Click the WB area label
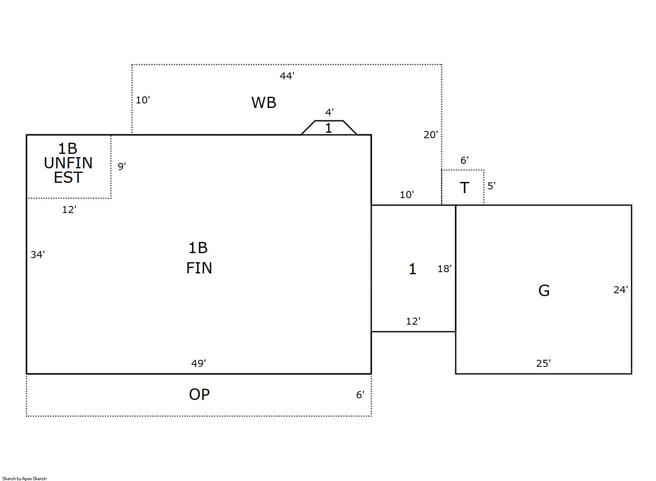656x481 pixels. coord(264,103)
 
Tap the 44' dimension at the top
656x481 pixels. coord(287,76)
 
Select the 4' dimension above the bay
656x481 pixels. coord(329,112)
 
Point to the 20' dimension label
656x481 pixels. coord(430,135)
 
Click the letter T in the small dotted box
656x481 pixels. coord(464,188)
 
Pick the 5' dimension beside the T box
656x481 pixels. coord(491,186)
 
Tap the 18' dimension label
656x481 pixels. coord(445,269)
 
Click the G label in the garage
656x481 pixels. coord(544,291)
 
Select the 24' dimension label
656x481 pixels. coord(620,290)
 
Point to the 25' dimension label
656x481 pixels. coord(543,364)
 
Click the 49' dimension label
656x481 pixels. coord(198,364)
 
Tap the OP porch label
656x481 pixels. coord(199,395)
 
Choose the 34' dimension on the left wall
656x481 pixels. coord(38,255)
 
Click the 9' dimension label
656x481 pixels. coord(122,166)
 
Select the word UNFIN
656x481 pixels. coord(68,163)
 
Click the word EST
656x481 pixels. coord(68,178)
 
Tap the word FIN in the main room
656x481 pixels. coord(199,268)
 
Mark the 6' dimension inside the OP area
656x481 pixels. coord(360,395)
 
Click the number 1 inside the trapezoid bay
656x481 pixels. coord(329,128)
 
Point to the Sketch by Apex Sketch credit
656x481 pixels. coord(24,479)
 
